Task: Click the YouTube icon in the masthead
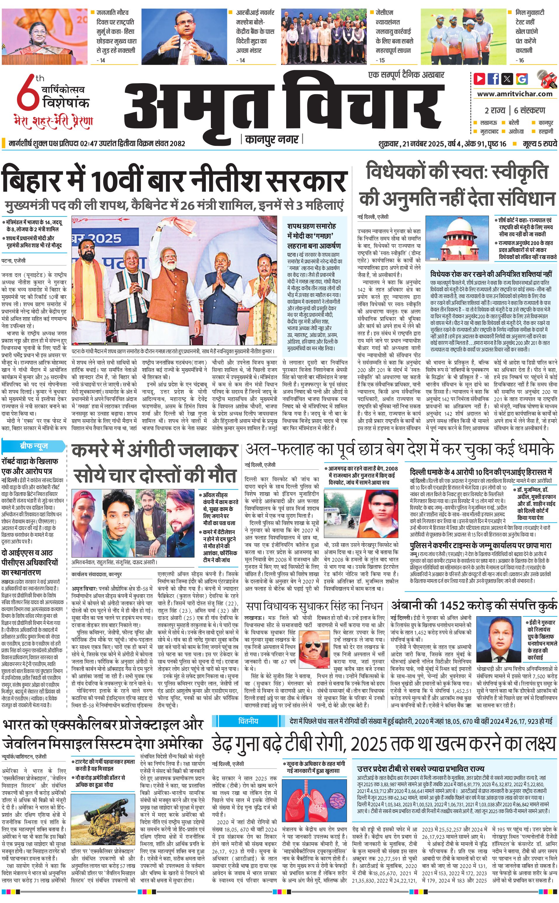coord(480,79)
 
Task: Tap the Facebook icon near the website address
coord(493,79)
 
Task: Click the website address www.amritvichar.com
coord(515,94)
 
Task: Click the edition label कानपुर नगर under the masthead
coord(272,139)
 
